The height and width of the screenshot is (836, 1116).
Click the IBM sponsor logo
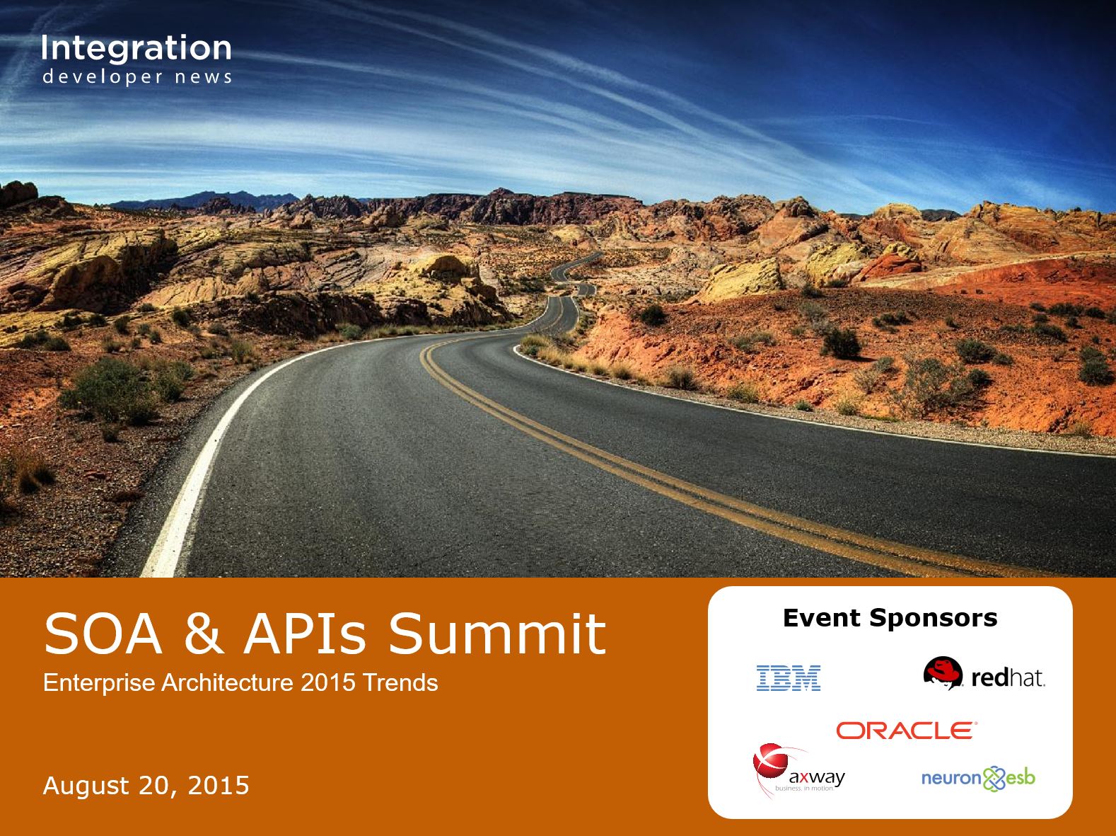[x=789, y=677]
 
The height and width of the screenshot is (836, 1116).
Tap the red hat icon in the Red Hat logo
[x=943, y=672]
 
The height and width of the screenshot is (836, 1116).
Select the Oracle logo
[x=907, y=730]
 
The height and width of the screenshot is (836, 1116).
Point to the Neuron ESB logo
[x=978, y=779]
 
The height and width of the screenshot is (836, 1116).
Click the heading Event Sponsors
[x=890, y=618]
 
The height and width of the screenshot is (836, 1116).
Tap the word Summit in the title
[x=497, y=634]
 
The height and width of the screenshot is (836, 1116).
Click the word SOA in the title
[x=103, y=634]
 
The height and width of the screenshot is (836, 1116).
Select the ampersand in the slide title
[x=204, y=634]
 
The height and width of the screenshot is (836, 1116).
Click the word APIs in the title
[x=305, y=634]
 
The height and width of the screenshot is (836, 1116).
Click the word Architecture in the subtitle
[x=227, y=682]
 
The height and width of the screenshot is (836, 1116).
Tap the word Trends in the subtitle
[x=400, y=682]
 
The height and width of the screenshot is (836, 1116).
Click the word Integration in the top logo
[x=136, y=48]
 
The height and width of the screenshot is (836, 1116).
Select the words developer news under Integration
[x=137, y=77]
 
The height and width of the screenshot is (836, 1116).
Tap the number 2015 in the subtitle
[x=328, y=682]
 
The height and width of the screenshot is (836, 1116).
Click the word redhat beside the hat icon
[x=1008, y=677]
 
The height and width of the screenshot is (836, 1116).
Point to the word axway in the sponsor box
[x=817, y=777]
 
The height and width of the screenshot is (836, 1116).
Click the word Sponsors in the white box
[x=933, y=619]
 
